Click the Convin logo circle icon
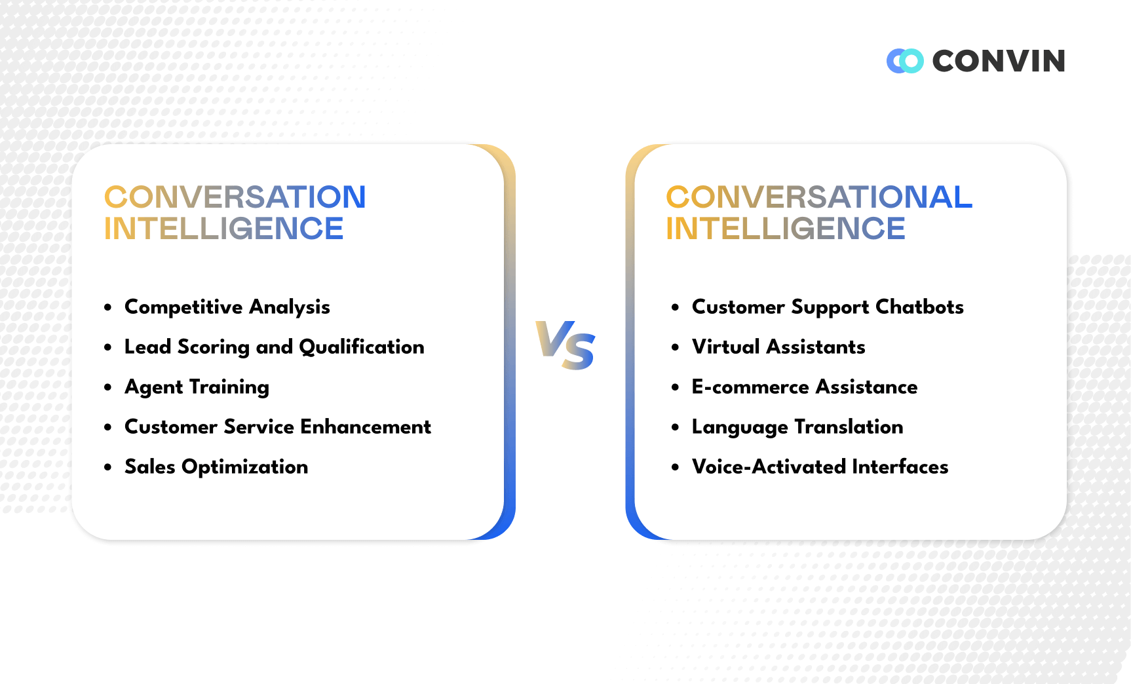(x=905, y=61)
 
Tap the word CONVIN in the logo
(x=999, y=61)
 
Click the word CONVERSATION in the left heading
(x=235, y=197)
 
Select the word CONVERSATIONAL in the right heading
(x=818, y=197)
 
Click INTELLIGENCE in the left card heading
(x=223, y=229)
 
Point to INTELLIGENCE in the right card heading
(x=785, y=229)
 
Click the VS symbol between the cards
(x=565, y=345)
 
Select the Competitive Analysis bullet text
(x=227, y=307)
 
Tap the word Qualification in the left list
(x=362, y=347)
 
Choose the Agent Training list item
(x=197, y=387)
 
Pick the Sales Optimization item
(x=216, y=466)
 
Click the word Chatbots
(x=919, y=307)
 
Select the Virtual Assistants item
(x=778, y=347)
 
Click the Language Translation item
(x=797, y=427)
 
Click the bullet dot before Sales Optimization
(x=108, y=467)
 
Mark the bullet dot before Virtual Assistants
(x=676, y=347)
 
